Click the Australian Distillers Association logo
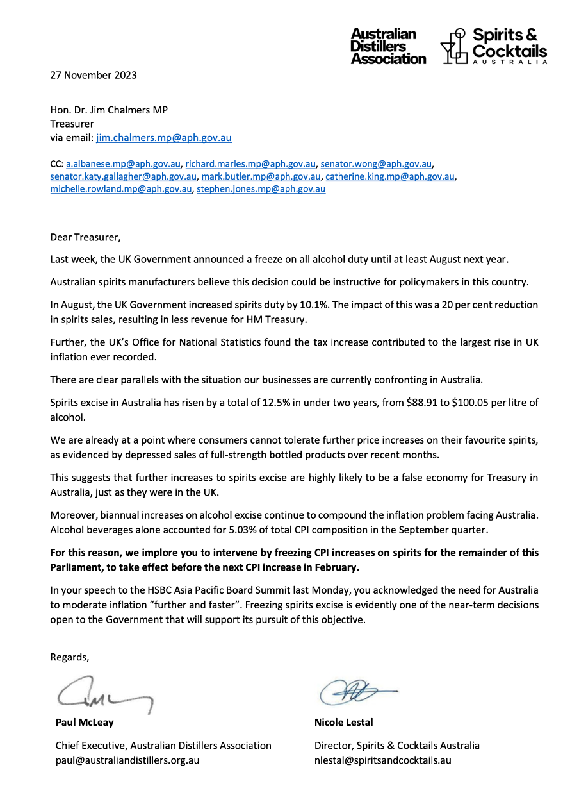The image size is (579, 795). (388, 46)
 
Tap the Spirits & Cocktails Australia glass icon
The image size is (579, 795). (454, 47)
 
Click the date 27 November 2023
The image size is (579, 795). (94, 75)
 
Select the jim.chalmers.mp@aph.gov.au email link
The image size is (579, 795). (164, 137)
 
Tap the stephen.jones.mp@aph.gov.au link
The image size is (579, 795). (261, 189)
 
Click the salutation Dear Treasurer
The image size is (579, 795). (85, 237)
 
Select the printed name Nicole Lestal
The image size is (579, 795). (343, 723)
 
